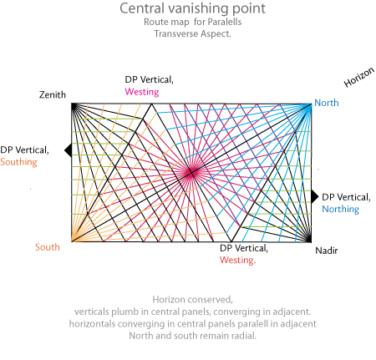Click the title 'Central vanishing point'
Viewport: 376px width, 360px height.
(x=192, y=8)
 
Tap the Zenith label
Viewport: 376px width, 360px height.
(x=53, y=94)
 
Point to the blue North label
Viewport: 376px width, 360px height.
(x=327, y=103)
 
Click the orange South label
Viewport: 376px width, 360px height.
(x=48, y=247)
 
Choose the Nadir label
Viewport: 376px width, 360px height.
(x=327, y=251)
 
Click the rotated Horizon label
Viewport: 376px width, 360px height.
(x=358, y=77)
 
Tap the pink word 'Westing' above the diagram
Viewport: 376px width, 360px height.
(x=142, y=92)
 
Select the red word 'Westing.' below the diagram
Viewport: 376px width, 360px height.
(x=237, y=260)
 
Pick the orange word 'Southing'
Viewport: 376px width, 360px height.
(x=18, y=162)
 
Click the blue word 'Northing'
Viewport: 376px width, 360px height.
(x=341, y=209)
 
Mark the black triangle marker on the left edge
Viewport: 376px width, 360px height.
(x=69, y=150)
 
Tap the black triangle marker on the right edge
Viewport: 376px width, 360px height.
(x=315, y=197)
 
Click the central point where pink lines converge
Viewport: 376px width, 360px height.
(x=191, y=173)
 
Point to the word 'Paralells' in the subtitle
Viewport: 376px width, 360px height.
(x=225, y=22)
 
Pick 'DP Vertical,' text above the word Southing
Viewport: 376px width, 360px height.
(x=24, y=150)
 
